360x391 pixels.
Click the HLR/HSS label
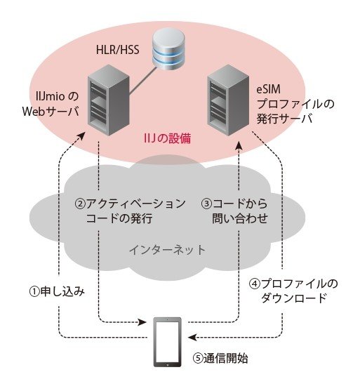[117, 49]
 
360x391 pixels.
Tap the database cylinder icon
[169, 49]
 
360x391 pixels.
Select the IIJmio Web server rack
[109, 100]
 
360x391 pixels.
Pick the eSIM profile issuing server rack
[228, 100]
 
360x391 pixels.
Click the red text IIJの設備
[167, 138]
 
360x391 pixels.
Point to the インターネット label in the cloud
[167, 250]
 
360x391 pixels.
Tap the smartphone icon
[167, 342]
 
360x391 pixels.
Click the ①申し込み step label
[57, 291]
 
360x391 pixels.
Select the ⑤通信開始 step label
[220, 358]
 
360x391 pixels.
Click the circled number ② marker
[80, 204]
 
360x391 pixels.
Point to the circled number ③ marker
[207, 204]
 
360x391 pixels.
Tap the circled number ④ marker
[255, 284]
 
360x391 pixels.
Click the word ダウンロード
[293, 298]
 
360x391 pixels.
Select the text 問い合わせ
[240, 218]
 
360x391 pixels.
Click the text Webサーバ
[51, 111]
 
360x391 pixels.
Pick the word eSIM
[269, 89]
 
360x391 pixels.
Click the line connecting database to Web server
[143, 81]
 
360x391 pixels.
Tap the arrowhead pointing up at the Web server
[81, 136]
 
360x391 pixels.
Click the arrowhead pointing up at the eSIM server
[239, 145]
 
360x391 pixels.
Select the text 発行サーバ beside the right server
[284, 119]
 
